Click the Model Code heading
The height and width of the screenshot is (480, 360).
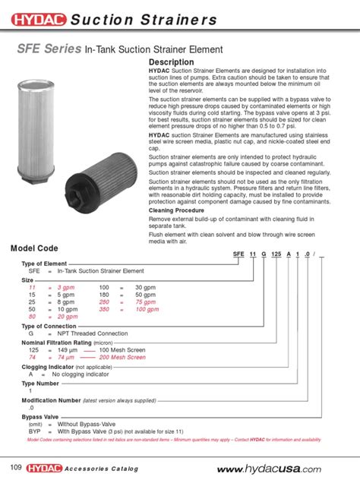point(36,249)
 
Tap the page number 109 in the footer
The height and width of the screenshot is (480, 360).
point(16,464)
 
